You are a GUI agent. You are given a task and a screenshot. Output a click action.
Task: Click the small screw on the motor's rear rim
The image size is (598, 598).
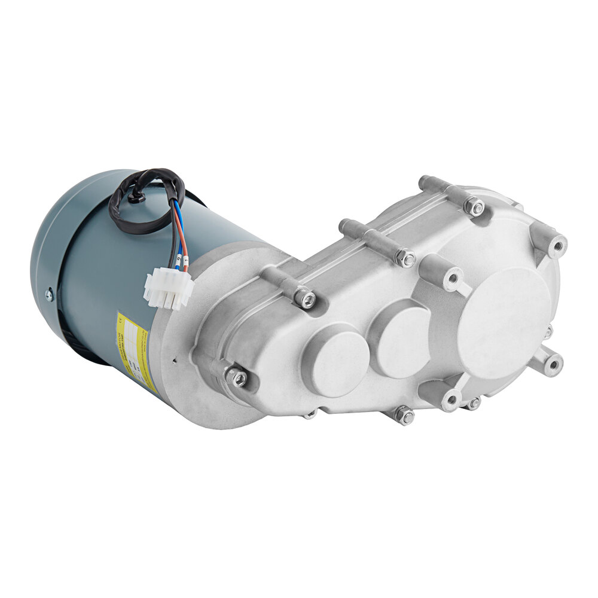[x=49, y=294]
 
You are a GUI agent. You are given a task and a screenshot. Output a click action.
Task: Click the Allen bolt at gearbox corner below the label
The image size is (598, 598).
[x=236, y=377]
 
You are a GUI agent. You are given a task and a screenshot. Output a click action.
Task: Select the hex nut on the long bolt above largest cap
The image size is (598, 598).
[x=474, y=207]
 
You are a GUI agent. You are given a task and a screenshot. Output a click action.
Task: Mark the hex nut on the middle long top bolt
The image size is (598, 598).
[x=405, y=258]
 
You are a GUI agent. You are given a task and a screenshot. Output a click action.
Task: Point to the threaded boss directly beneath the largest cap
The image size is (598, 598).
[x=450, y=399]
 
